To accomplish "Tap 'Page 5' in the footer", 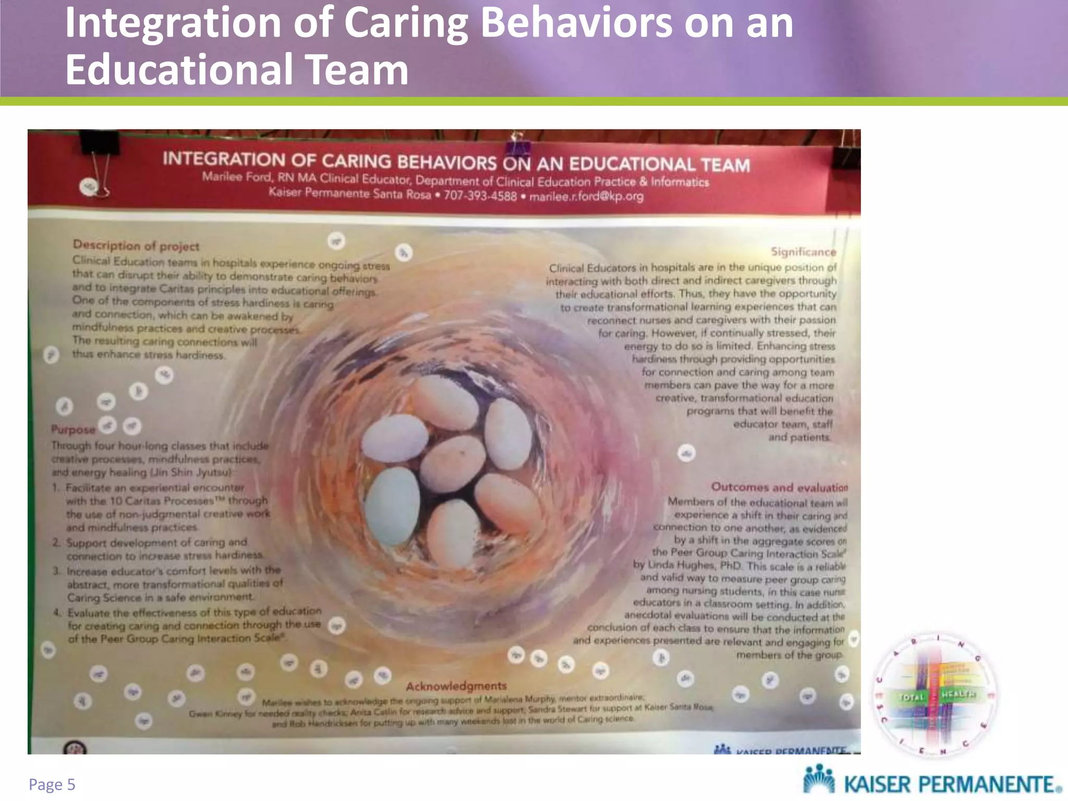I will [52, 784].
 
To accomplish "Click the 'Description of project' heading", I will [136, 246].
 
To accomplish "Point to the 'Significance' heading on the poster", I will [803, 252].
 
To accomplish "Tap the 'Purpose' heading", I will [74, 430].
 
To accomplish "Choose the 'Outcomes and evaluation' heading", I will [779, 487].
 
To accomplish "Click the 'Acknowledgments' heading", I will [456, 686].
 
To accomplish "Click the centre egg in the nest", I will [453, 462].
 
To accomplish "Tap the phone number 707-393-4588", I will [480, 196].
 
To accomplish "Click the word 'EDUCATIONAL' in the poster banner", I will [632, 164].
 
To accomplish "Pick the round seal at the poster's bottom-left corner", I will [75, 748].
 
